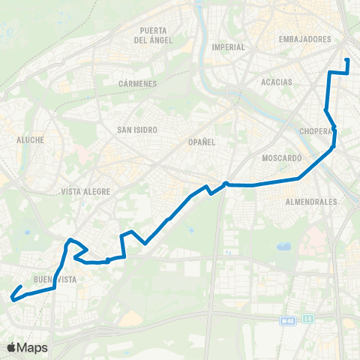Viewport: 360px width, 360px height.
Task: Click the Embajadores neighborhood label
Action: [304, 39]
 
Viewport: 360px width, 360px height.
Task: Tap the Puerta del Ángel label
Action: [152, 34]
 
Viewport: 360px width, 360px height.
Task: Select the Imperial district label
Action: [229, 46]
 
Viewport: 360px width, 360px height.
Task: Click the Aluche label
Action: [31, 139]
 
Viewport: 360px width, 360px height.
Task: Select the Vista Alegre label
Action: [86, 191]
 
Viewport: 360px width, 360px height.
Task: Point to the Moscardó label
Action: [282, 158]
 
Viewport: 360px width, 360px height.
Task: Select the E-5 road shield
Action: [309, 319]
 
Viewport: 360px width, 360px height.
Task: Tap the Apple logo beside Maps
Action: [12, 347]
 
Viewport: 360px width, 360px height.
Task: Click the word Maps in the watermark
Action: [33, 347]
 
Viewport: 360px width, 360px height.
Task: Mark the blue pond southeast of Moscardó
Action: [283, 246]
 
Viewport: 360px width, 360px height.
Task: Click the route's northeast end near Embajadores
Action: [347, 60]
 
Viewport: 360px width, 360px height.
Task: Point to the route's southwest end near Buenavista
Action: [12, 298]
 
